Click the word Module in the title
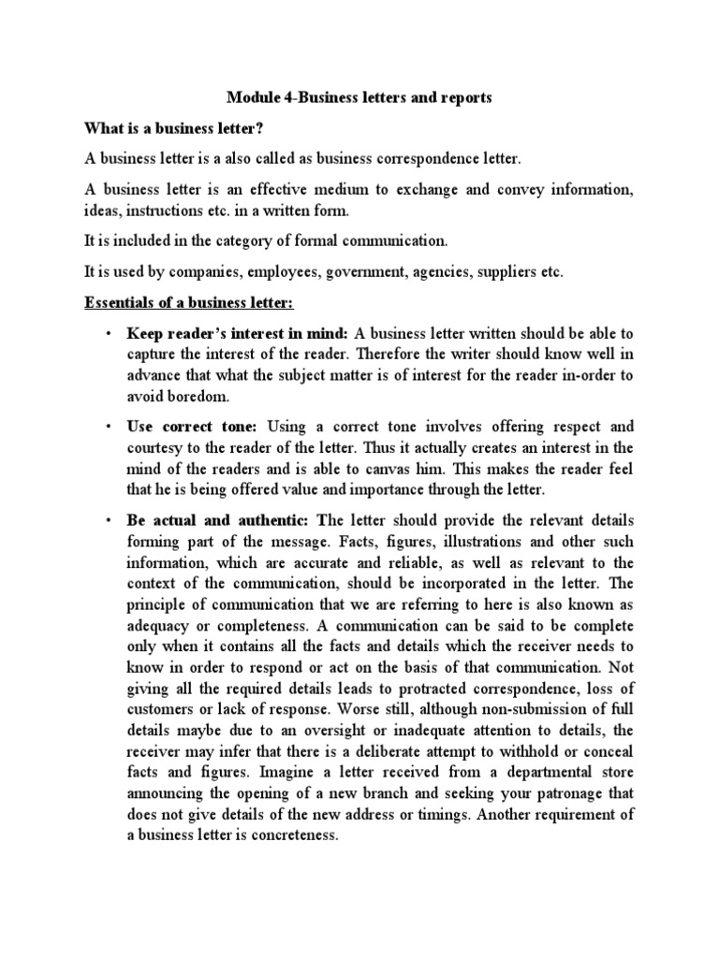tap(252, 97)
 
